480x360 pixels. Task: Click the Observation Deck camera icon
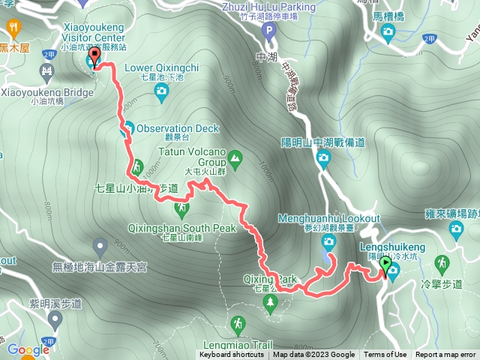pos(127,127)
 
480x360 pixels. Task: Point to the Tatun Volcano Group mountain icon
pos(235,158)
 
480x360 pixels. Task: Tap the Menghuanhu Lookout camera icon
pos(328,241)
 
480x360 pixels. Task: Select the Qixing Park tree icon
pos(270,301)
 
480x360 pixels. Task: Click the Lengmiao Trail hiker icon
pos(237,324)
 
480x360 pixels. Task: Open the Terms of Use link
pos(385,355)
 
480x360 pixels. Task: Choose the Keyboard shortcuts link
pos(235,355)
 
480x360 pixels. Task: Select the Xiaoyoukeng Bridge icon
pos(47,73)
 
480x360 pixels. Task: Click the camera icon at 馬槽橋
pos(387,31)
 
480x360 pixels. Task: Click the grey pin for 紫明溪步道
pos(54,319)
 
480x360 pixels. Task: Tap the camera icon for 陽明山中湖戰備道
pos(323,157)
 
